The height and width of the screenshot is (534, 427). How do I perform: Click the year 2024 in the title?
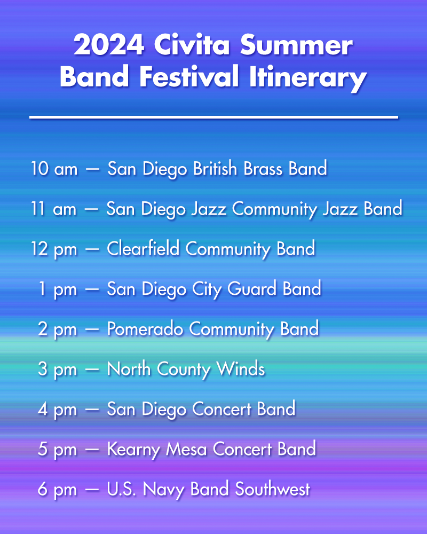[109, 45]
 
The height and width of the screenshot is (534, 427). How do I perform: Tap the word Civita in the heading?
[192, 44]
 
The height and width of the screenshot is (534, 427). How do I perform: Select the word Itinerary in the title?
[308, 77]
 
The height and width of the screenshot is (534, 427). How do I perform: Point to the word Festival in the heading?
[189, 76]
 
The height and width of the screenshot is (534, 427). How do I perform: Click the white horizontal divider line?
[214, 117]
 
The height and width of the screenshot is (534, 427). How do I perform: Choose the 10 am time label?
[54, 169]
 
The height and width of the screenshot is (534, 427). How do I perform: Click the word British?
[215, 168]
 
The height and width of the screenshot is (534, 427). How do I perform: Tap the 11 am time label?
[53, 209]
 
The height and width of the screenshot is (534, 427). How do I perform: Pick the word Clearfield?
[143, 248]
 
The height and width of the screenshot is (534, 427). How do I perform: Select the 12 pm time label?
[54, 249]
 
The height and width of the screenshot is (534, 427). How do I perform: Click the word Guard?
[252, 289]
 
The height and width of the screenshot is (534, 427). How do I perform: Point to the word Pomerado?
[145, 328]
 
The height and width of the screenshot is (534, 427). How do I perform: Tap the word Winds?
[241, 369]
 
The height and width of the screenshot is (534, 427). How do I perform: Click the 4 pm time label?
[58, 410]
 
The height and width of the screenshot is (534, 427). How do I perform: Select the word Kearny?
[133, 450]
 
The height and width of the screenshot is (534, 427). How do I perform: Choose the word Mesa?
[186, 449]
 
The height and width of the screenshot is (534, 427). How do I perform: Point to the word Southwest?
[272, 489]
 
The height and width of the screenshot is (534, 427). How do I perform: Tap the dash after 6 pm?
[92, 490]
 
